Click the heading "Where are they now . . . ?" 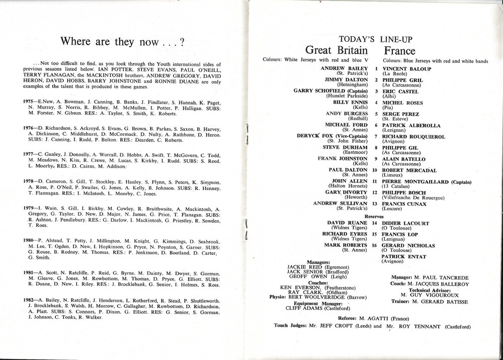[121, 42]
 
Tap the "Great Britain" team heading [336, 51]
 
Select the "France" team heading [399, 51]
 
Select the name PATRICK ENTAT [404, 257]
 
